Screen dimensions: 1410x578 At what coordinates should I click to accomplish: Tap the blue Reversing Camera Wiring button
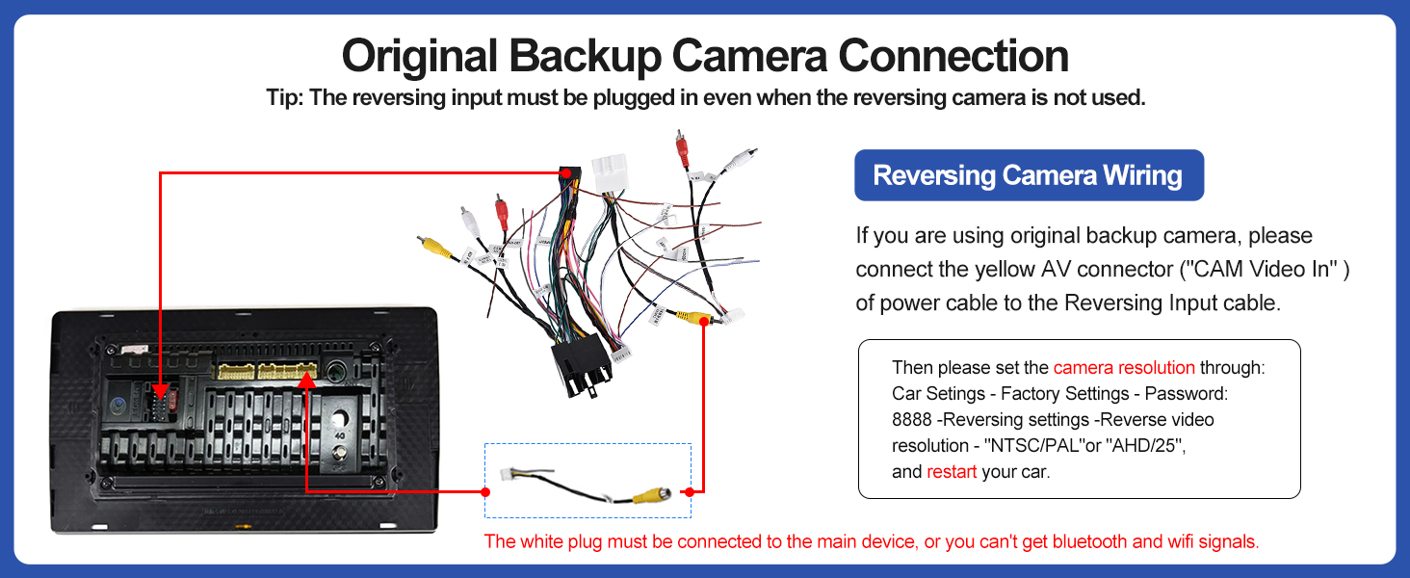point(1028,175)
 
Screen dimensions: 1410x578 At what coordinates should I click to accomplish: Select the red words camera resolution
point(1124,368)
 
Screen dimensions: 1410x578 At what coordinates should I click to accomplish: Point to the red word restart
point(952,472)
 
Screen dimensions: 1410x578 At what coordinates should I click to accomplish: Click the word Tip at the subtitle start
point(282,98)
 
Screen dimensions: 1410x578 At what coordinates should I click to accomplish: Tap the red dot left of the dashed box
point(485,491)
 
